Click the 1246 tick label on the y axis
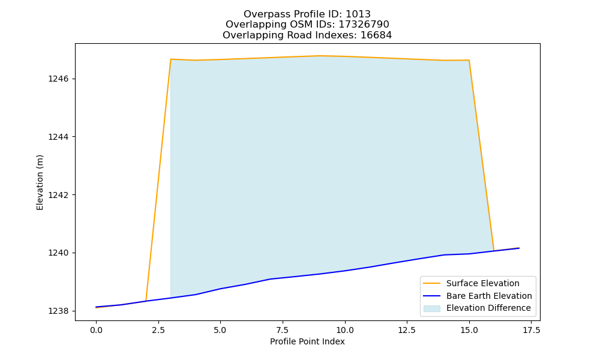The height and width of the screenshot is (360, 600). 58,79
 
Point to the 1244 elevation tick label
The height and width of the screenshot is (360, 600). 58,137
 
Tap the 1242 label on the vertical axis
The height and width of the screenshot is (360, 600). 58,195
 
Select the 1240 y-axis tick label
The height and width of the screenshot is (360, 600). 58,253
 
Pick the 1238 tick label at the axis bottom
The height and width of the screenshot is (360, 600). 58,311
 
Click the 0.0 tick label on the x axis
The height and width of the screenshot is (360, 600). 96,330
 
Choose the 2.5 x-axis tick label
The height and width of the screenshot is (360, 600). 158,330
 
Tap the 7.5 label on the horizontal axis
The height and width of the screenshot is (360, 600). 283,330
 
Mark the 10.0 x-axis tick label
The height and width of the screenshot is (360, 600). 345,330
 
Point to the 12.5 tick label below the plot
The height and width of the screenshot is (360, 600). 407,330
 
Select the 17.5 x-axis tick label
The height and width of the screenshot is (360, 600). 531,330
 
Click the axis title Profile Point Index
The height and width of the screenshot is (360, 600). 307,341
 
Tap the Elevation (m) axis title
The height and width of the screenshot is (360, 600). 40,182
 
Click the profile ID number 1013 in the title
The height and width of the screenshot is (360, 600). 358,14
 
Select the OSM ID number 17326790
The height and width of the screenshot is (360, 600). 364,25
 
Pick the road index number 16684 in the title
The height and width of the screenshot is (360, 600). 376,35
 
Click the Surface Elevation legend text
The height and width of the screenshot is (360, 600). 483,283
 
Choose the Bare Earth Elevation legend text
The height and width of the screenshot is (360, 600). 489,296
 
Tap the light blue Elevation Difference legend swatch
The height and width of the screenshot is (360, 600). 431,308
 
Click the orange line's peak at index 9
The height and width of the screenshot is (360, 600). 320,56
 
